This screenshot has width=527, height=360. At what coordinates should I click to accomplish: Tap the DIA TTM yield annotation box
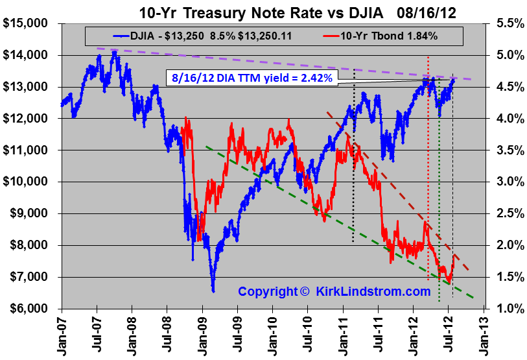pyautogui.click(x=253, y=78)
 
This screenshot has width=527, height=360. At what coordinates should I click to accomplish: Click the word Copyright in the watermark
pyautogui.click(x=266, y=292)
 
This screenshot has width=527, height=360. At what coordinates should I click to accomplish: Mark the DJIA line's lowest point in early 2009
pyautogui.click(x=213, y=291)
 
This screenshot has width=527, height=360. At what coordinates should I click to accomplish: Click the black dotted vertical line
pyautogui.click(x=353, y=162)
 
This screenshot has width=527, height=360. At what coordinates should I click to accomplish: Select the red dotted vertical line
pyautogui.click(x=428, y=162)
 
